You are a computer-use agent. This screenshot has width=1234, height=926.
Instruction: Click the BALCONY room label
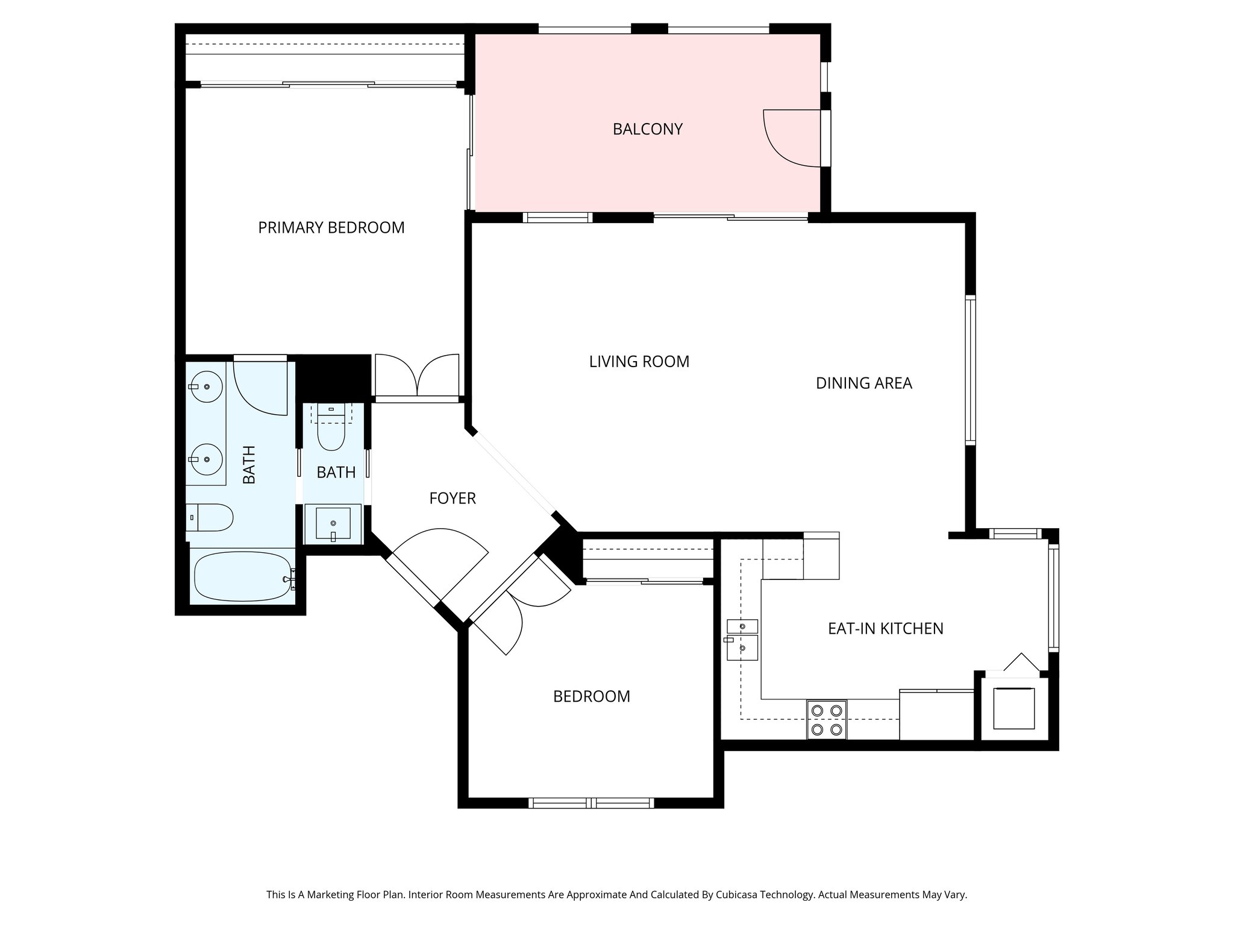647,129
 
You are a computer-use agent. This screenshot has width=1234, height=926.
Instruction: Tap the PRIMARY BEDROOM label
331,227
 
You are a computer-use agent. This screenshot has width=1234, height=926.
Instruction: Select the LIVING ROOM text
639,361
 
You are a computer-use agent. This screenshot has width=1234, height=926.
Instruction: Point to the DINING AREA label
863,383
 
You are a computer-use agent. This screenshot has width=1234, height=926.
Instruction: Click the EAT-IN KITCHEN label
885,628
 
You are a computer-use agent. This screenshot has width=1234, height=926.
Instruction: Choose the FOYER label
452,498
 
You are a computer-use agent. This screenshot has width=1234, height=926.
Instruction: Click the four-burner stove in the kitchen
826,719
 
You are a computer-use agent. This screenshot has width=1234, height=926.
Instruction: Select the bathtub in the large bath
242,578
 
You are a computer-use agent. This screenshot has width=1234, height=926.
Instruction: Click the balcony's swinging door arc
783,142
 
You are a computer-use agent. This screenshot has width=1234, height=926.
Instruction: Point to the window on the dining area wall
970,370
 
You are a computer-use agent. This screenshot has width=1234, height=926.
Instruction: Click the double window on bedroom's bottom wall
591,802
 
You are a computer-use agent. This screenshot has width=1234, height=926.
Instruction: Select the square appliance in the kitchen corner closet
1013,708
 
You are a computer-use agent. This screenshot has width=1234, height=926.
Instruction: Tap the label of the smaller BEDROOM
591,696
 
